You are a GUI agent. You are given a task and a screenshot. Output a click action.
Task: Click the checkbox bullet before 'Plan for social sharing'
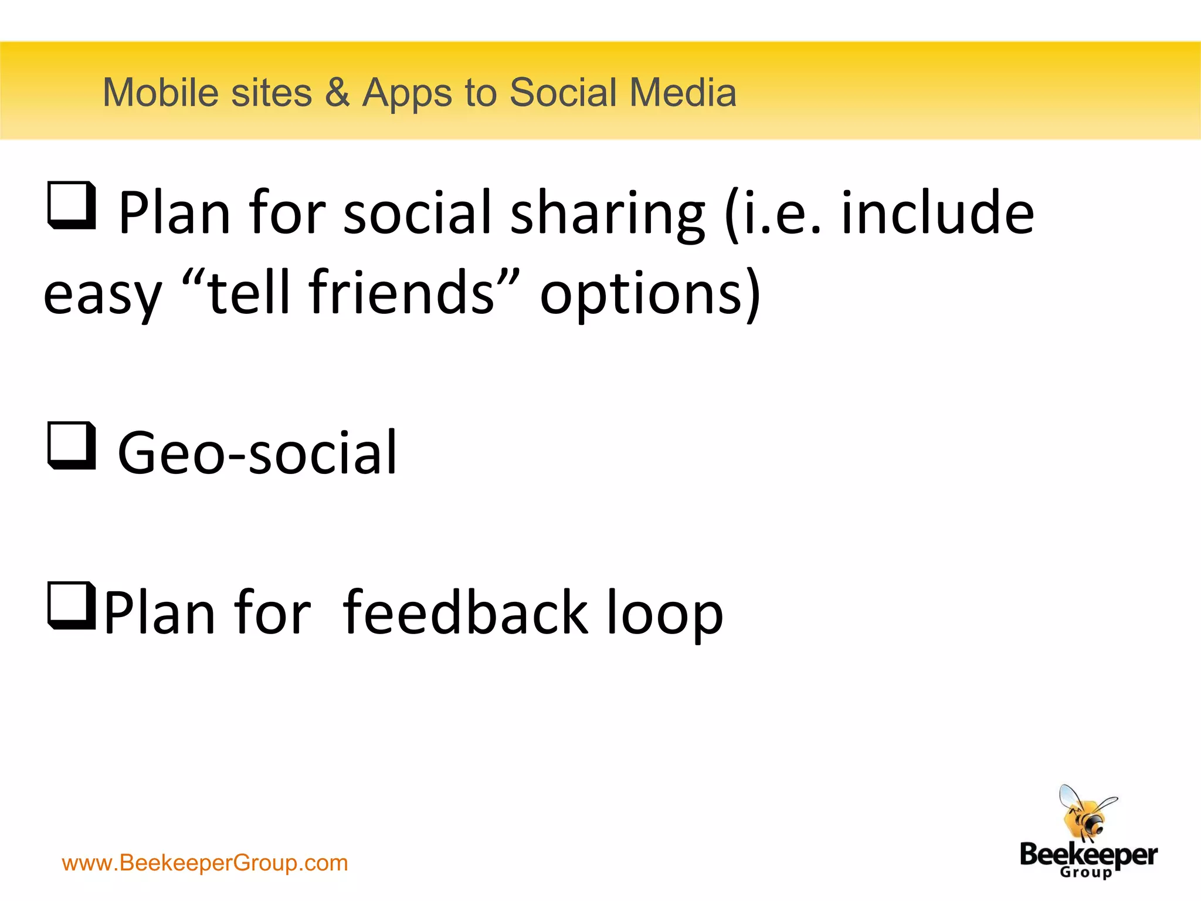tap(71, 205)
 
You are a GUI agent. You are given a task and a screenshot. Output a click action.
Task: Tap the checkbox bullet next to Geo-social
tap(71, 445)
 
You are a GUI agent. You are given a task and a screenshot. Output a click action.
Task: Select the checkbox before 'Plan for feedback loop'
tap(71, 605)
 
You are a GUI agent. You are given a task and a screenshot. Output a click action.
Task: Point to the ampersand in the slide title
tap(337, 93)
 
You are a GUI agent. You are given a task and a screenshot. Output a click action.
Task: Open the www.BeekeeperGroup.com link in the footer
tap(205, 863)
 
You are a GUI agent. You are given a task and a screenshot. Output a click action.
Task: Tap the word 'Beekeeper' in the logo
tap(1088, 855)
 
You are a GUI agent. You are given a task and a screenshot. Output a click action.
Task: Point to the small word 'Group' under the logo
tap(1085, 872)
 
